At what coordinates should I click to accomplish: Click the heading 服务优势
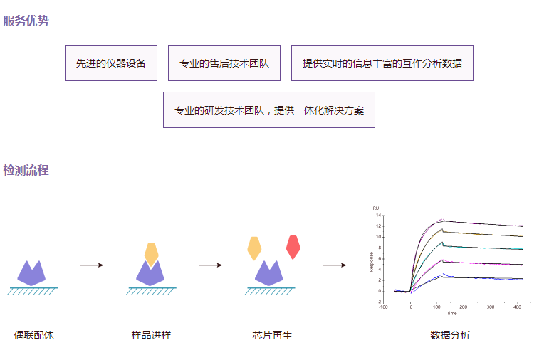tap(26, 21)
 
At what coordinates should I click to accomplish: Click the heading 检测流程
tap(26, 171)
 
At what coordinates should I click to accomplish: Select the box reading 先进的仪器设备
tap(111, 63)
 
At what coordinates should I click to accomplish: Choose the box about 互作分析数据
tap(382, 63)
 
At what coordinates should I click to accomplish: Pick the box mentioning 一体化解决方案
tap(269, 110)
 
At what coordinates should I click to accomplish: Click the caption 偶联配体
tap(33, 335)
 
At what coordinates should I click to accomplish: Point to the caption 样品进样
tap(151, 335)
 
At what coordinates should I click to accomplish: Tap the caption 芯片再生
tap(272, 335)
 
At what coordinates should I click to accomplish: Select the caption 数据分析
tap(450, 335)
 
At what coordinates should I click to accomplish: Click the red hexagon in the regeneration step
tap(293, 247)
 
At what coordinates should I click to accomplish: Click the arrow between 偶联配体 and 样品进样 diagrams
tap(92, 265)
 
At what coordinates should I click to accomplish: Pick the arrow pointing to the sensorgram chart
tap(335, 265)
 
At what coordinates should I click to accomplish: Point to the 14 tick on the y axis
tap(379, 215)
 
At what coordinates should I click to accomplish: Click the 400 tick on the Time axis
tap(517, 307)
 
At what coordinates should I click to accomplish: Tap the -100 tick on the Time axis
tap(383, 307)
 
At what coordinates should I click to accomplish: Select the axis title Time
tap(451, 313)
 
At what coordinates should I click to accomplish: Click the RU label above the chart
tap(376, 208)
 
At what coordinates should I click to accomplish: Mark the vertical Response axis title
tap(371, 262)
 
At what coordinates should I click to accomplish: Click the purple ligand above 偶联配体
tap(32, 272)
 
